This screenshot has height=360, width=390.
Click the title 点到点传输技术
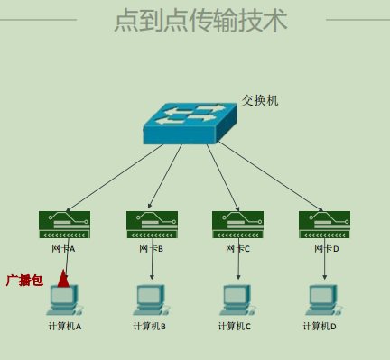tap(200, 20)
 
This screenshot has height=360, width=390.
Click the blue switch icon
tap(189, 125)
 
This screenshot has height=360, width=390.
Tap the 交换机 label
tap(260, 100)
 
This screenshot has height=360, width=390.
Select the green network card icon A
tap(64, 225)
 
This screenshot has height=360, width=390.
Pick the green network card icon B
tap(152, 225)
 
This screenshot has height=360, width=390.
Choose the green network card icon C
tap(237, 225)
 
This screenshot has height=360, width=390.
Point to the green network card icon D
tap(324, 225)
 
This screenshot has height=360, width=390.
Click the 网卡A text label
tap(63, 248)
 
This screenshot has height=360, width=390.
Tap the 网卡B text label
tap(151, 248)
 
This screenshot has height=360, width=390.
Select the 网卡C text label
tap(237, 248)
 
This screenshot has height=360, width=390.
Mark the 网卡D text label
tap(326, 248)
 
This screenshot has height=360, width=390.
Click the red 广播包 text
tap(24, 281)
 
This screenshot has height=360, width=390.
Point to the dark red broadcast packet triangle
tap(63, 278)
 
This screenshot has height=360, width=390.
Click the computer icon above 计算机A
tap(63, 300)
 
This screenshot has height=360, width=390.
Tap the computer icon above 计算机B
tap(150, 300)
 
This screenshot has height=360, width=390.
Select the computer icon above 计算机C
tap(235, 300)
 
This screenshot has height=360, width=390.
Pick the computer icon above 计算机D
tap(320, 300)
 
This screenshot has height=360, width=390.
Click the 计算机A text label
tap(65, 327)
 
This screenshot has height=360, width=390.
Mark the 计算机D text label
tap(320, 327)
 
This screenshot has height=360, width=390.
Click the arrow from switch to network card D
tap(271, 177)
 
